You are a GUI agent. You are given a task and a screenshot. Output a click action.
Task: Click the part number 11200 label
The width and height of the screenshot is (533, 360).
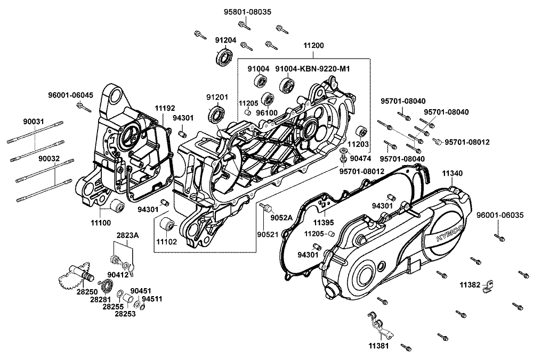(x=313, y=45)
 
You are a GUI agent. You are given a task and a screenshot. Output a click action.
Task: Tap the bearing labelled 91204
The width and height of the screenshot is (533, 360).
(x=224, y=56)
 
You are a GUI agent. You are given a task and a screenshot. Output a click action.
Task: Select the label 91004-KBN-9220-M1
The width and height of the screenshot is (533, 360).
(x=312, y=69)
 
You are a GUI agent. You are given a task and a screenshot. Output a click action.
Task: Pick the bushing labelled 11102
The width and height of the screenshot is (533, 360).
(x=167, y=225)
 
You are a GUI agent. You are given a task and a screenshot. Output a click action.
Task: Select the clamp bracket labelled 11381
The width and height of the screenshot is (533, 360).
(x=379, y=326)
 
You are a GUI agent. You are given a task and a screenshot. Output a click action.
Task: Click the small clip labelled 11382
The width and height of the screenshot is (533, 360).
(x=488, y=285)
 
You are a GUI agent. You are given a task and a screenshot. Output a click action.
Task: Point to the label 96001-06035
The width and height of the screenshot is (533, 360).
(x=500, y=215)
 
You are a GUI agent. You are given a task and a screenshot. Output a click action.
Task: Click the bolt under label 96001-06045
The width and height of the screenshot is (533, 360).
(x=84, y=108)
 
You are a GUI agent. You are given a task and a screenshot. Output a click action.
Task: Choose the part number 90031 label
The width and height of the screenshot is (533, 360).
(x=34, y=121)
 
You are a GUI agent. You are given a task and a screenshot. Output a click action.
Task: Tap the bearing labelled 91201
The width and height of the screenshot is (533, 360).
(x=216, y=113)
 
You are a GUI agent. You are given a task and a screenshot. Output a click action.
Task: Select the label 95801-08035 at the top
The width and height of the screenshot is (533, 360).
(x=247, y=12)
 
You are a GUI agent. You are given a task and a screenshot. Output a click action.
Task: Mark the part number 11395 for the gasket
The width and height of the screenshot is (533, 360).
(x=324, y=223)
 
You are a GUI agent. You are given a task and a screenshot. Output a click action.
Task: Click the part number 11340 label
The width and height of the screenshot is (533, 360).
(x=452, y=174)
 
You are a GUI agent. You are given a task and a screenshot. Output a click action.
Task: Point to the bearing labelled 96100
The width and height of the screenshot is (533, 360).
(x=268, y=99)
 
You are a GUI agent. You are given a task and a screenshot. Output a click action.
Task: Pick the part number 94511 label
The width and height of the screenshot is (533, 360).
(x=152, y=299)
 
